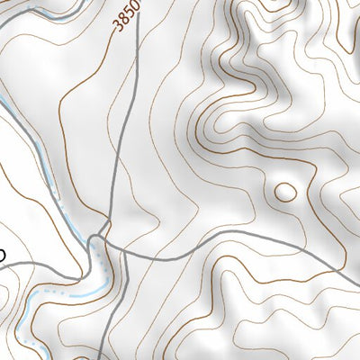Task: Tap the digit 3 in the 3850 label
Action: (x=119, y=29)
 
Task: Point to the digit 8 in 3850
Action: (x=124, y=22)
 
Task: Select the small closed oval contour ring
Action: (x=284, y=191)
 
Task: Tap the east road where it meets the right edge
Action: (x=357, y=268)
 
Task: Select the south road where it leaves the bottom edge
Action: (x=102, y=357)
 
